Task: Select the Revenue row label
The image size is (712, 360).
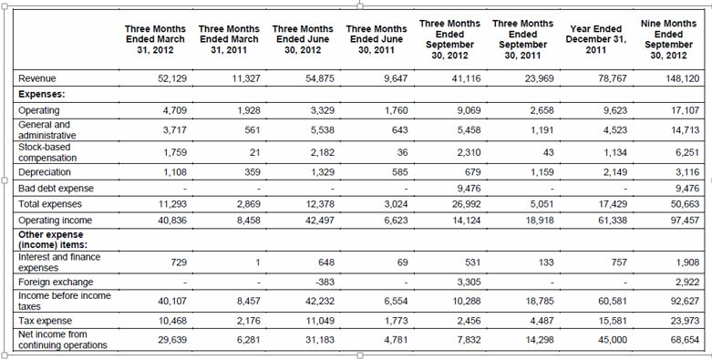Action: [x=37, y=79]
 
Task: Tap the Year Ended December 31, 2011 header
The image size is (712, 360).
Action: [x=595, y=40]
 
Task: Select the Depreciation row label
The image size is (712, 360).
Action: [x=45, y=171]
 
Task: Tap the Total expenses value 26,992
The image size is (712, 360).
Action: [x=465, y=203]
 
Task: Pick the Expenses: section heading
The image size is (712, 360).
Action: [x=42, y=94]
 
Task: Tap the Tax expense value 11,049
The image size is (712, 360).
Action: [x=319, y=321]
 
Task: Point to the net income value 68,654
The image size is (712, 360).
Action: [x=684, y=339]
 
